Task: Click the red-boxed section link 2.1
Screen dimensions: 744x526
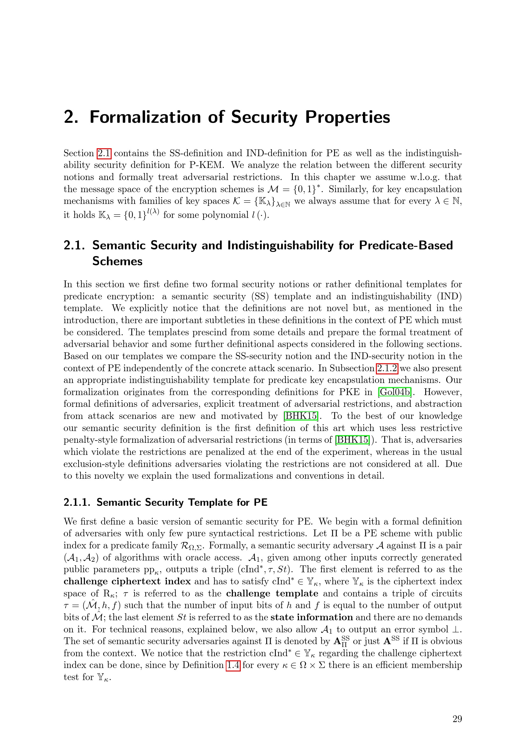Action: pos(104,153)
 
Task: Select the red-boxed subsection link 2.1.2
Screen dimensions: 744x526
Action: pos(387,368)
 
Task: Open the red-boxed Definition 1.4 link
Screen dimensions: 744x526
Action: pos(233,665)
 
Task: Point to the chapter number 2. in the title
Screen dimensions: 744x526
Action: pos(71,117)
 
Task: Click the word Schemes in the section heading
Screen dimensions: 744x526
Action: pos(117,261)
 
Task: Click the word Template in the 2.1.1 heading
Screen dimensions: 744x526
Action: pos(211,502)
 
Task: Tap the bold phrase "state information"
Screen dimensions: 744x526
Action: pos(312,617)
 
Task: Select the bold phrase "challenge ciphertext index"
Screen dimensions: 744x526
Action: pos(127,581)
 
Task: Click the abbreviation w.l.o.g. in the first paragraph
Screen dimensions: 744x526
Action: pos(423,177)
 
